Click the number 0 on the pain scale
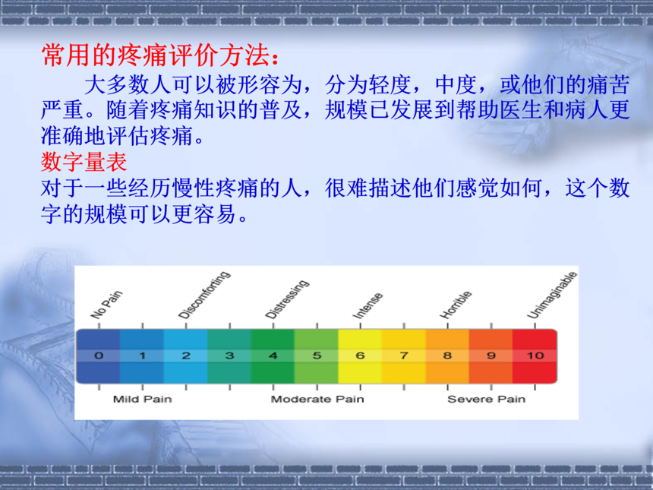coord(99,356)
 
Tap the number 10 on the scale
coord(535,356)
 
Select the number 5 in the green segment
coord(317,356)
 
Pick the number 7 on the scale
coord(404,356)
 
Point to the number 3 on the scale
coord(229,356)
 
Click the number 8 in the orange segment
coord(448,356)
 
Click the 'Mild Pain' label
coord(143,399)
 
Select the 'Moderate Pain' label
coord(317,399)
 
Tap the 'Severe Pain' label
coord(486,399)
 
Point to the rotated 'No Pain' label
coord(106,305)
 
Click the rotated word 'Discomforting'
coord(204,295)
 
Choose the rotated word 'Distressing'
coord(287,299)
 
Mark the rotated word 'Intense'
coord(368,306)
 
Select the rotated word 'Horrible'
coord(456,305)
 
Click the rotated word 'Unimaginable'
coord(552,295)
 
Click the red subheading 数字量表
coord(84,162)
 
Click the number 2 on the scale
coord(186,356)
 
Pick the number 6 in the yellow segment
coord(360,356)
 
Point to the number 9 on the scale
coord(491,356)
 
